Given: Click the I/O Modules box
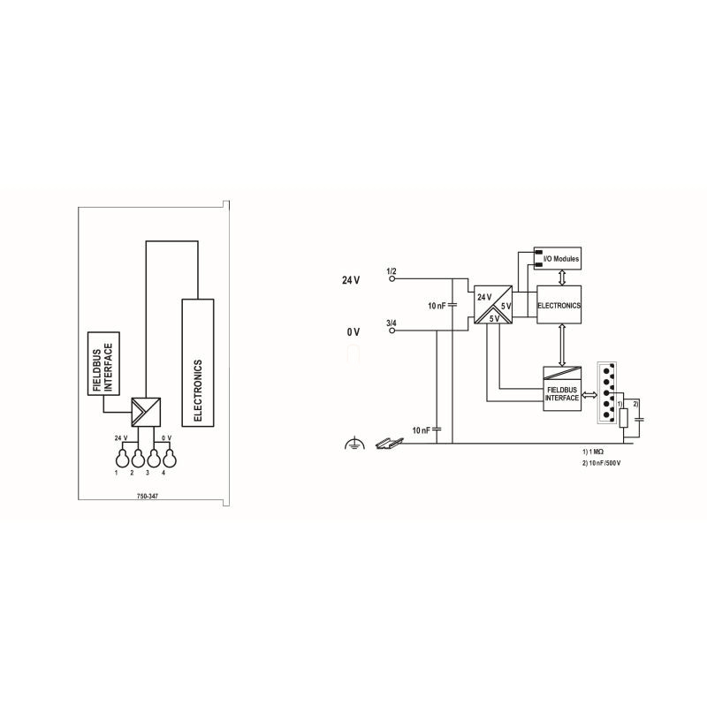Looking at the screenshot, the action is pyautogui.click(x=558, y=258).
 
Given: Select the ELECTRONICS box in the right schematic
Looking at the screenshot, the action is pyautogui.click(x=559, y=304).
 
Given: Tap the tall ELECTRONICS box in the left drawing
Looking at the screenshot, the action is pyautogui.click(x=197, y=362).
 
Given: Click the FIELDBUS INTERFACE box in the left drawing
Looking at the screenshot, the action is pyautogui.click(x=103, y=363).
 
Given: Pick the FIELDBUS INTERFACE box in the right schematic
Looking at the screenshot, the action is pyautogui.click(x=562, y=389).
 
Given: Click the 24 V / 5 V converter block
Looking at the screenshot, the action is pyautogui.click(x=493, y=304).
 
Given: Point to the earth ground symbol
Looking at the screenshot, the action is pyautogui.click(x=354, y=444).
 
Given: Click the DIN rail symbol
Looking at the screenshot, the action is pyautogui.click(x=389, y=443).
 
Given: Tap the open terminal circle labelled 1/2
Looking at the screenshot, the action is pyautogui.click(x=392, y=278).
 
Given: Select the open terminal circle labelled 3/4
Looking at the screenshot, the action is pyautogui.click(x=392, y=331).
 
